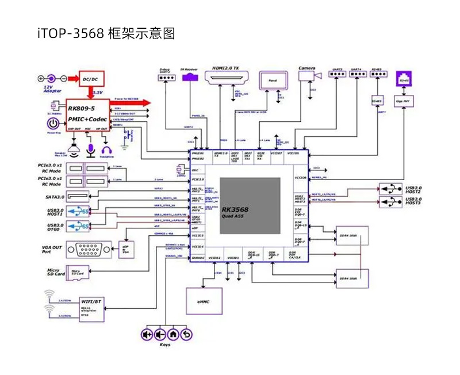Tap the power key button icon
(x=53, y=123)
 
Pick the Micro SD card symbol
(x=75, y=272)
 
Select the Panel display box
(x=272, y=81)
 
